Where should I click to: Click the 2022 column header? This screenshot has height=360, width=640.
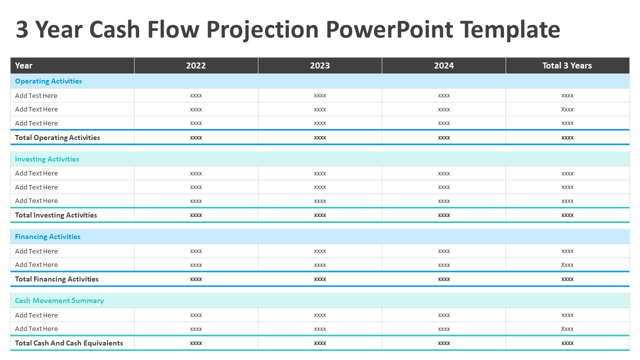coord(196,65)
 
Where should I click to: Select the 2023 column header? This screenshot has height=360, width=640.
coord(320,65)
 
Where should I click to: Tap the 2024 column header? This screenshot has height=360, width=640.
coord(444,65)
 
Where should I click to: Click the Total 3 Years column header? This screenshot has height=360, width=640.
coord(567,65)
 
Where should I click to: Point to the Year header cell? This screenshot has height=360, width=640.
coord(23,65)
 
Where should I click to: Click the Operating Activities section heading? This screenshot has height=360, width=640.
coord(48,81)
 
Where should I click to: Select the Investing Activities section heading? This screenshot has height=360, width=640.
coord(47,159)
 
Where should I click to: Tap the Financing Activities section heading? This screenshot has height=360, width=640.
coord(47,236)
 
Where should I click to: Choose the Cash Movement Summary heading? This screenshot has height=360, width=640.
coord(59,300)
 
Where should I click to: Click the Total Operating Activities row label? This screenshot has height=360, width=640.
coord(57,137)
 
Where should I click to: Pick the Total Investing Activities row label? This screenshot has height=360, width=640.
coord(56,215)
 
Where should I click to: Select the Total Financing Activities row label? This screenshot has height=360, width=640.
coord(56,279)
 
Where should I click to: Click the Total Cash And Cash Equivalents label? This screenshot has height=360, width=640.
coord(69,343)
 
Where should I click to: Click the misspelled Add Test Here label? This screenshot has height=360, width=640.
coord(36,95)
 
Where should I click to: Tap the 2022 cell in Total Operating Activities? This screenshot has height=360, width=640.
coord(196,137)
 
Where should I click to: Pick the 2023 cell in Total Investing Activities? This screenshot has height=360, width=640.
coord(320,215)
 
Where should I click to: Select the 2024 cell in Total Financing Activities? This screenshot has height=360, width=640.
coord(444,279)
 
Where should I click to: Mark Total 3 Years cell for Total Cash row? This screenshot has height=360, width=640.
coord(567,343)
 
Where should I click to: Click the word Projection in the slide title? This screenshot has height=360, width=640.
coord(262,30)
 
